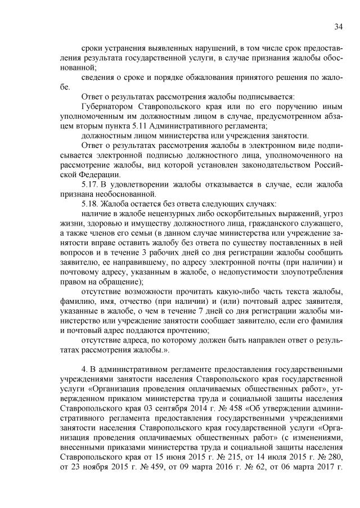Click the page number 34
click(x=338, y=27)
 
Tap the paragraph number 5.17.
click(x=90, y=183)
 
